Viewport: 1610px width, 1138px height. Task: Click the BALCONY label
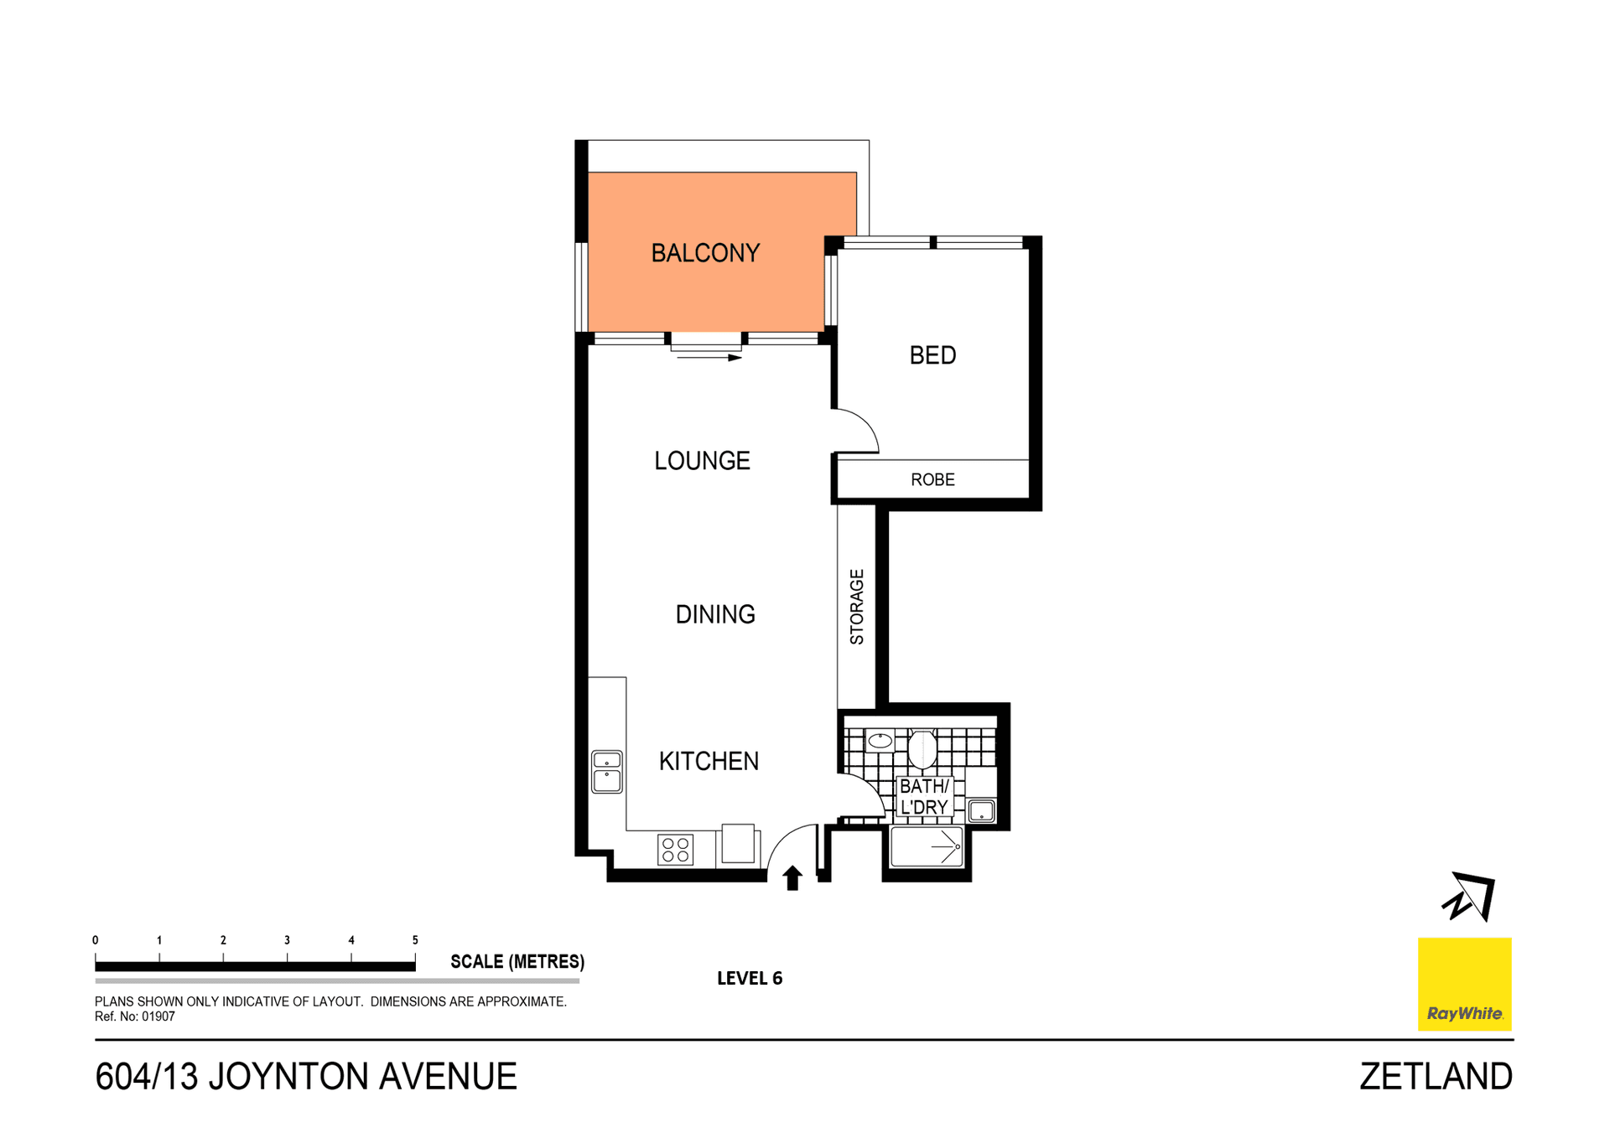point(705,253)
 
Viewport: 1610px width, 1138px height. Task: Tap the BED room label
point(932,355)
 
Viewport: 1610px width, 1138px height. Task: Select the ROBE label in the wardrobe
point(932,479)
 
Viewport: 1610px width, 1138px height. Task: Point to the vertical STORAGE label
point(856,607)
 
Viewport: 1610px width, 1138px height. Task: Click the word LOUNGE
point(702,461)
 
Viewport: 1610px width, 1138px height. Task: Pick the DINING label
point(715,614)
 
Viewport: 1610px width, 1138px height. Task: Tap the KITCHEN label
point(709,761)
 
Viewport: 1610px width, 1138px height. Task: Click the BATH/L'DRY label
point(924,796)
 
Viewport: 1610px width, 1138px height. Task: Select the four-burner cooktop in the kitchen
point(675,849)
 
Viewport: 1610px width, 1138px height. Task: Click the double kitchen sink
point(607,772)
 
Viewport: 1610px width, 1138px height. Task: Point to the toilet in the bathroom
point(922,747)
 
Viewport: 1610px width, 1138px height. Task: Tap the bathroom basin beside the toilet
point(880,741)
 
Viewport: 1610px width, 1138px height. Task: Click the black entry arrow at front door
point(792,877)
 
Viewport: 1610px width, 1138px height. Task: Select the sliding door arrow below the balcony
point(709,358)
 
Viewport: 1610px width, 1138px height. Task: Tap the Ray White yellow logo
point(1464,984)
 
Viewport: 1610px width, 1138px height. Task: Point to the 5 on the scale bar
point(415,940)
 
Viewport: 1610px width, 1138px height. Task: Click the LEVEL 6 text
point(750,978)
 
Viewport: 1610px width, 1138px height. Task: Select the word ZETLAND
point(1436,1077)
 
